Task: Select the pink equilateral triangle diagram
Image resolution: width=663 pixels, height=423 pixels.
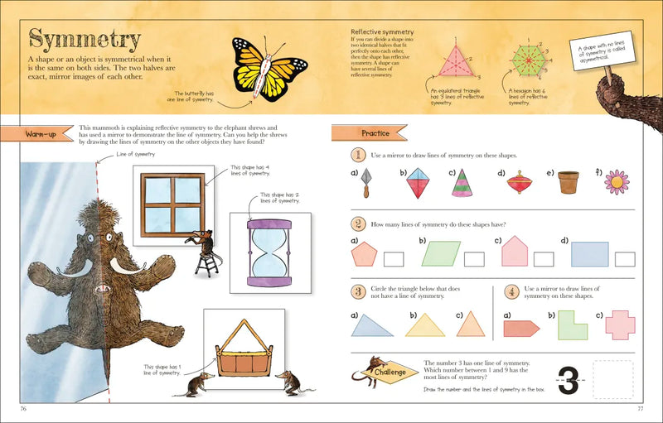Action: click(452, 60)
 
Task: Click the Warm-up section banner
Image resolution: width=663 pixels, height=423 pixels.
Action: click(41, 133)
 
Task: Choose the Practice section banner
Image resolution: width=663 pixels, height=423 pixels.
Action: click(369, 132)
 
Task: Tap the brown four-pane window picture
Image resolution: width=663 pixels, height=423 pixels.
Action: click(172, 201)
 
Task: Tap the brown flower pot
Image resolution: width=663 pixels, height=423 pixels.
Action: click(568, 182)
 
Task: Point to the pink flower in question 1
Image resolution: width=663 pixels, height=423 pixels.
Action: click(616, 181)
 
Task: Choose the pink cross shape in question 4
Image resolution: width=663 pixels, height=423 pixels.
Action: click(620, 324)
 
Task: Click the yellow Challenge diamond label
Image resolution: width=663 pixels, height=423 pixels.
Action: click(389, 373)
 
